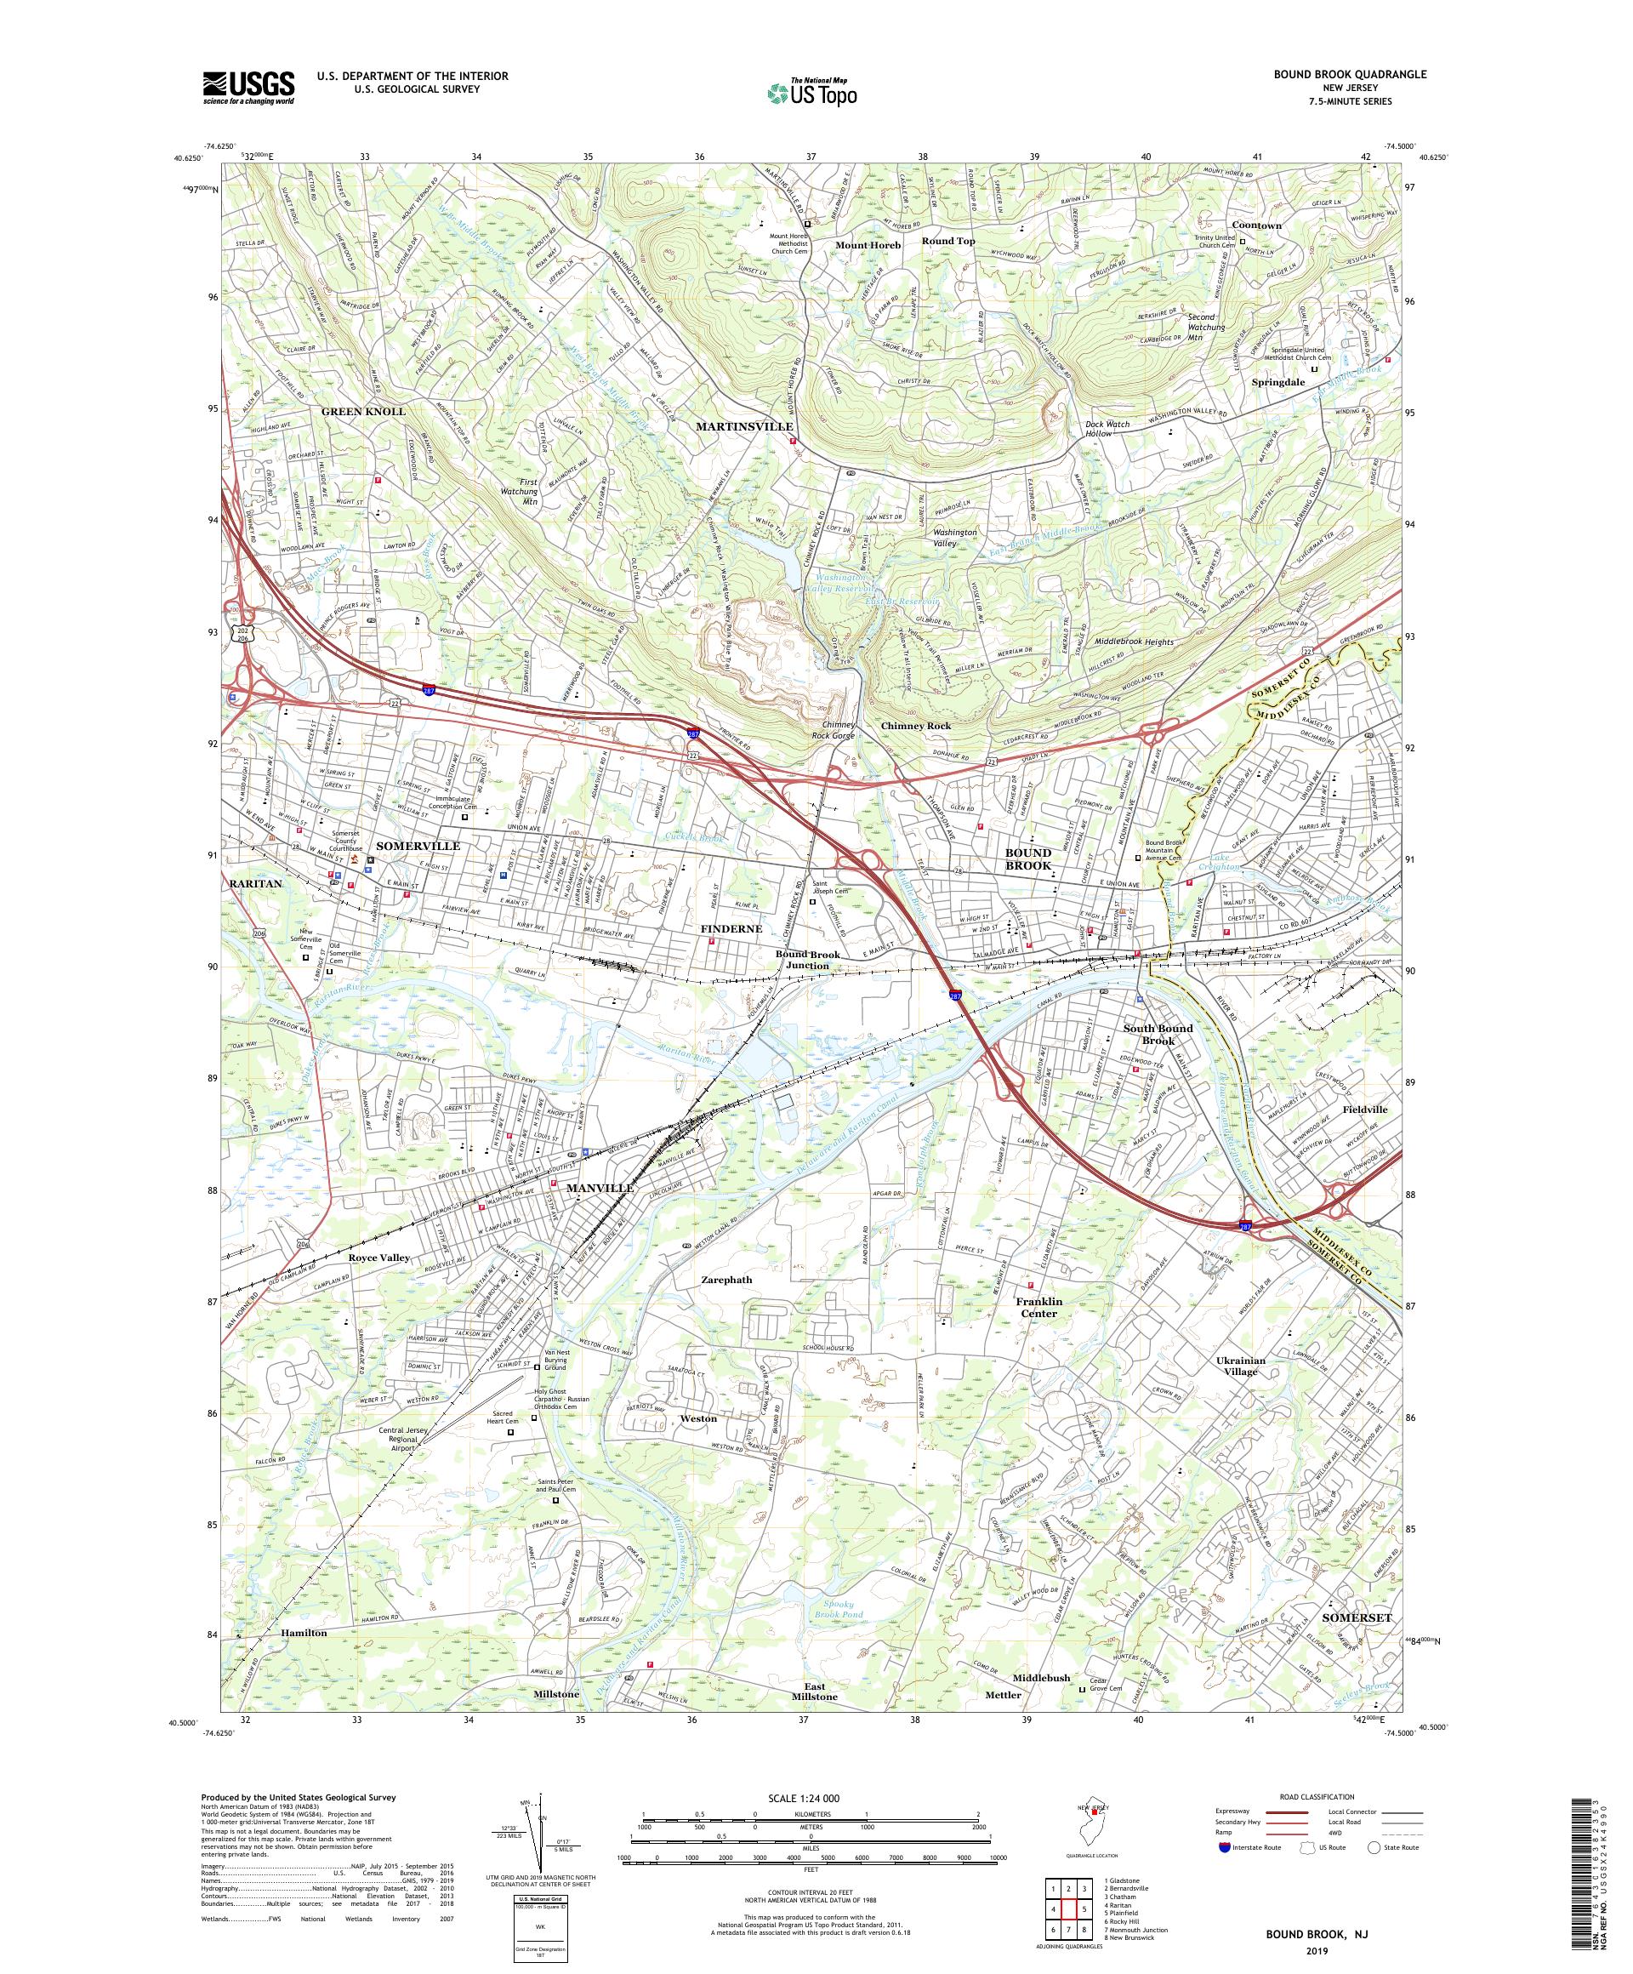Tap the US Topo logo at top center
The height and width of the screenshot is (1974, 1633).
(x=813, y=92)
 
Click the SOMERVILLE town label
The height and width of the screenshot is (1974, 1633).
(x=418, y=845)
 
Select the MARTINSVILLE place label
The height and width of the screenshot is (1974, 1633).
(x=744, y=425)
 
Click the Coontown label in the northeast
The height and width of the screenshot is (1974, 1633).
(x=1256, y=225)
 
